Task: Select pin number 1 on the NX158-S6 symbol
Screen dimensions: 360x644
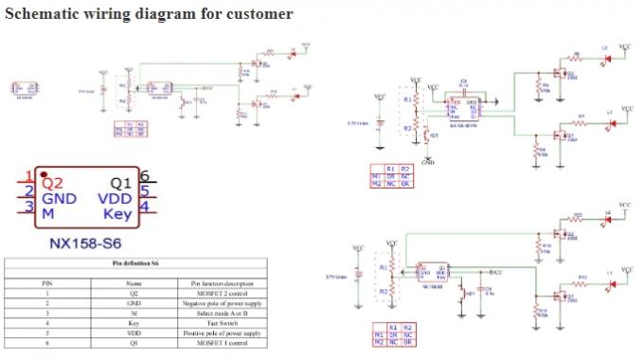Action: click(29, 176)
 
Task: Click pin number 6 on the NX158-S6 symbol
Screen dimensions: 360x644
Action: click(145, 176)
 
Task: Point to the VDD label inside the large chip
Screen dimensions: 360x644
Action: click(116, 198)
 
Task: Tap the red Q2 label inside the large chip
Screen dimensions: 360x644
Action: click(52, 182)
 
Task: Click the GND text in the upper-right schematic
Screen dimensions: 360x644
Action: click(428, 162)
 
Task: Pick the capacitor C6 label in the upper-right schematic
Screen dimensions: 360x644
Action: click(464, 81)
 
